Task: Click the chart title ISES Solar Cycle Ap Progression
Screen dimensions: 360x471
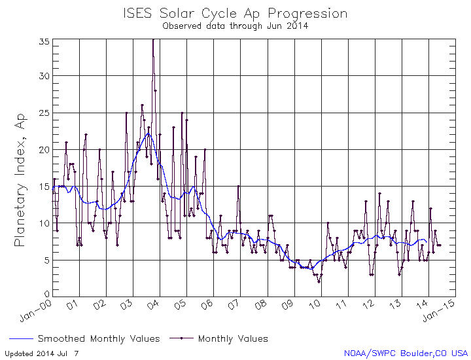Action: click(x=235, y=13)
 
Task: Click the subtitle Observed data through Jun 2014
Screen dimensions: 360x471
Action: click(x=235, y=26)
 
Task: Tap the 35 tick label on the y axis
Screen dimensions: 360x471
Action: click(x=44, y=41)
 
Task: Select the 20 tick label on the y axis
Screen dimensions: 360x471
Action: click(x=44, y=150)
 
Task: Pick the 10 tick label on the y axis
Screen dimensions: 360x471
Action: click(x=44, y=223)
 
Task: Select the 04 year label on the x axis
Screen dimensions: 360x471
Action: click(x=154, y=305)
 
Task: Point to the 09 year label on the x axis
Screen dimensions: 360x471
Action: click(x=288, y=305)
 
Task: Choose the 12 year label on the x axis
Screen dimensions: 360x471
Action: click(x=370, y=305)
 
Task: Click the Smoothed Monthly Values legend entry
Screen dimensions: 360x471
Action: click(x=98, y=338)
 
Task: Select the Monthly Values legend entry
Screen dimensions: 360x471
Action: click(x=232, y=338)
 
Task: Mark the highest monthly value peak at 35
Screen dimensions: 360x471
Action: click(x=153, y=40)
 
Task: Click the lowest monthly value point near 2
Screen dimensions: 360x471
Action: click(x=319, y=281)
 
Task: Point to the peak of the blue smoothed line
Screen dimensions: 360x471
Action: click(x=148, y=134)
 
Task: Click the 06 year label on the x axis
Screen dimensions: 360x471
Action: click(x=207, y=305)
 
